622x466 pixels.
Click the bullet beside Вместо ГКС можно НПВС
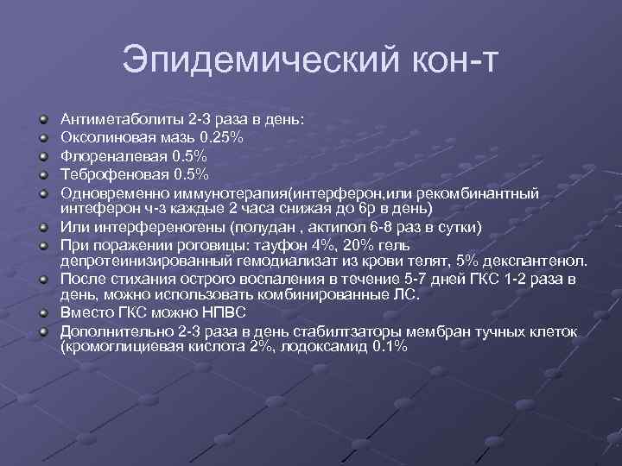click(x=42, y=315)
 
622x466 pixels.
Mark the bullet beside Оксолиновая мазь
click(x=42, y=137)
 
